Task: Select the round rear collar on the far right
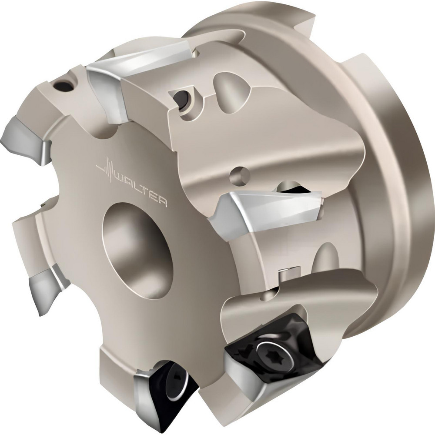405,183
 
